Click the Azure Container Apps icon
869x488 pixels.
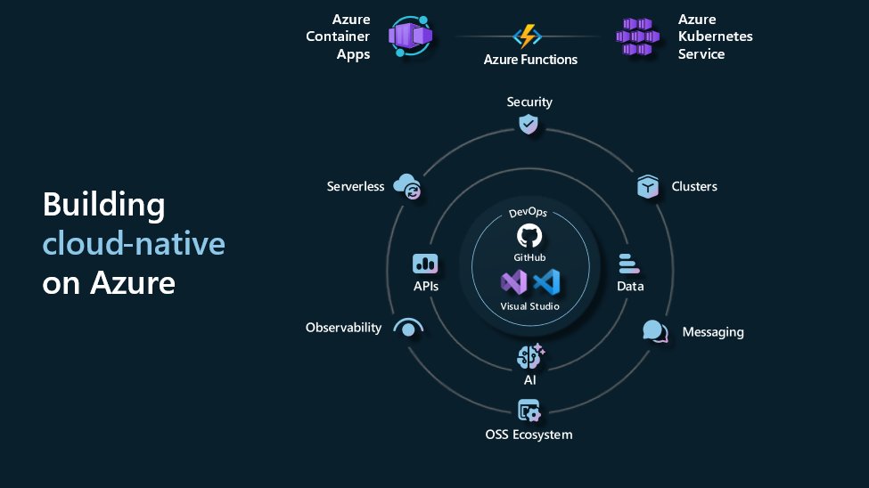click(x=410, y=37)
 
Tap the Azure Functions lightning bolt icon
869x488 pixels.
click(x=529, y=37)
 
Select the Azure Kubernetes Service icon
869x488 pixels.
click(x=638, y=37)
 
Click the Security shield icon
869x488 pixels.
click(x=529, y=124)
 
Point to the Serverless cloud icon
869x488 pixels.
click(x=408, y=186)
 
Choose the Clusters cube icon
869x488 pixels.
click(x=648, y=187)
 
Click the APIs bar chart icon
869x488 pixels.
click(x=425, y=264)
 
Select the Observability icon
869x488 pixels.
click(x=407, y=327)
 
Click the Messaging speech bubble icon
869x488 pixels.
click(x=655, y=331)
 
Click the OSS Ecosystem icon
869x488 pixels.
click(x=529, y=411)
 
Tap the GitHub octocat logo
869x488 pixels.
click(x=529, y=235)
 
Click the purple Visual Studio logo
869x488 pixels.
click(x=513, y=284)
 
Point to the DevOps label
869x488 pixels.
click(x=529, y=215)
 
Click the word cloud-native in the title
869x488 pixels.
click(x=134, y=243)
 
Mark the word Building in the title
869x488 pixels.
click(x=103, y=205)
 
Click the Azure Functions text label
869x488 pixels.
click(x=530, y=60)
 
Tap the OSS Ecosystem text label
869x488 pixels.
click(x=529, y=435)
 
